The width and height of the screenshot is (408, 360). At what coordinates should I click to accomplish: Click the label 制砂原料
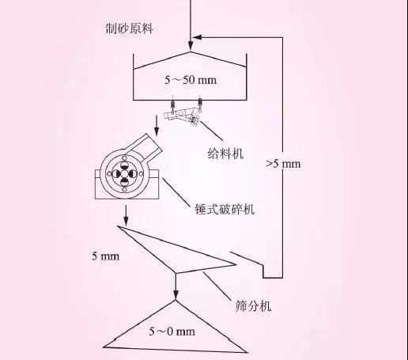tap(129, 28)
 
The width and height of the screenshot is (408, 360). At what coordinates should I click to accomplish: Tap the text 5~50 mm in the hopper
tap(191, 80)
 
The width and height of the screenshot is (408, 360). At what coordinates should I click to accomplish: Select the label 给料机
tap(225, 153)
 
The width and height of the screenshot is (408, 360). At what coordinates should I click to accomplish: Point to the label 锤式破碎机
tap(225, 209)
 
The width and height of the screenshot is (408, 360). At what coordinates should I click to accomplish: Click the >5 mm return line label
tap(283, 164)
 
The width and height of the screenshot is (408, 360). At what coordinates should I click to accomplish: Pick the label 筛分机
tap(253, 306)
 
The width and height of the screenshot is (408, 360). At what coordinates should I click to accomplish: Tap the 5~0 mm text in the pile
tap(172, 332)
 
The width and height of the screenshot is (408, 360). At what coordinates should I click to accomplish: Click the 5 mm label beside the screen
tap(105, 256)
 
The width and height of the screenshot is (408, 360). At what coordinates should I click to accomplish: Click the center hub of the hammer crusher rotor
tap(124, 173)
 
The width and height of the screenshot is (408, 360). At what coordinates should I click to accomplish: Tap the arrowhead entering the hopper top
tap(191, 46)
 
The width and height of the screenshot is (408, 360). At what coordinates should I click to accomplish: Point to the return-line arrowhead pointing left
tap(197, 37)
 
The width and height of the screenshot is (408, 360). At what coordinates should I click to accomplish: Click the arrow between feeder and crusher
tap(157, 126)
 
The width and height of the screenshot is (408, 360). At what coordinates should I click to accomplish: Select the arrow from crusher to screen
tap(126, 215)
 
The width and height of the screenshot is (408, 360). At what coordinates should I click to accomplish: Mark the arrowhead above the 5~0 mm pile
tap(176, 295)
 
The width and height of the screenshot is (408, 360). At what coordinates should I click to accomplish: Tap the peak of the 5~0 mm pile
tap(176, 301)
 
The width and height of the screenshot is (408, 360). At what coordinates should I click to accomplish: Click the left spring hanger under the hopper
tap(172, 104)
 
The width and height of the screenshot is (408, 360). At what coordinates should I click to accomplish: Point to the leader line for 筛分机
tap(217, 286)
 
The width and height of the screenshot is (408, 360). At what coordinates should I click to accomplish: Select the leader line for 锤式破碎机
tap(176, 192)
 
